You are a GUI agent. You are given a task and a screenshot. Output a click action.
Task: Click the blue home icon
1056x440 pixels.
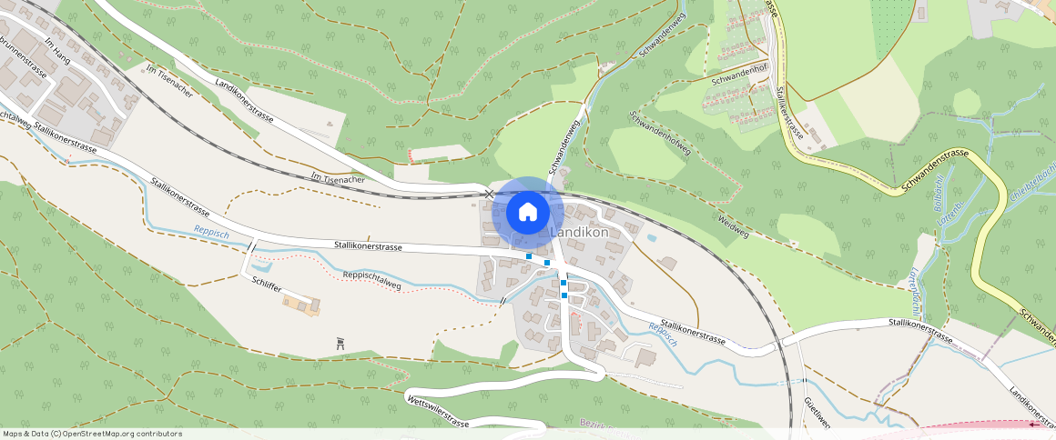pos(527,213)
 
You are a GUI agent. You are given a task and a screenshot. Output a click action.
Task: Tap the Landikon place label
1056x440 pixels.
pos(579,234)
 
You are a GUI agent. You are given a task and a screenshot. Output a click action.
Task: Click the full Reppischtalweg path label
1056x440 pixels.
pos(371,279)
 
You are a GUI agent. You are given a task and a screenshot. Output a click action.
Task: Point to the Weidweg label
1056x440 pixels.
pos(732,226)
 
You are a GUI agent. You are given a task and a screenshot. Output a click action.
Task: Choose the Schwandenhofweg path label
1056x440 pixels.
pos(660,135)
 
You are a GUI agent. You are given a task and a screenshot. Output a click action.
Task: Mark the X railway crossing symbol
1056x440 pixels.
pos(489,194)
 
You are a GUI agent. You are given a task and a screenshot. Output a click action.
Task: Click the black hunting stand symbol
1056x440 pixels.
pos(341,343)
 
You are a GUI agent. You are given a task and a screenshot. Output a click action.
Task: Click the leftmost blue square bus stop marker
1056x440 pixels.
pos(529,256)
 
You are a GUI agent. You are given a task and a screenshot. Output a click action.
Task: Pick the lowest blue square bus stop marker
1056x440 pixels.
pos(564,295)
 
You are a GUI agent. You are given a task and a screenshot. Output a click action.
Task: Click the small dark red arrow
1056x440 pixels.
pos(1034,424)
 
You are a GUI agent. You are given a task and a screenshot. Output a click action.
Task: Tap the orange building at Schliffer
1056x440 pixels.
pos(301,303)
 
